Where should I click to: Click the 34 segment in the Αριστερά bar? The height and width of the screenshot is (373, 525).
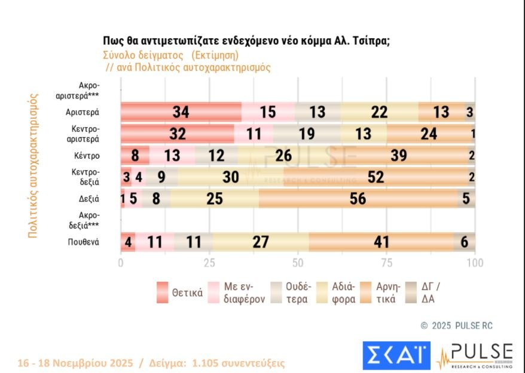181,112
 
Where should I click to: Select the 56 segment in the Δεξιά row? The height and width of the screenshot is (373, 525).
358,199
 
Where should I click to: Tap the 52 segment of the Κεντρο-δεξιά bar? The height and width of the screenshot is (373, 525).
376,177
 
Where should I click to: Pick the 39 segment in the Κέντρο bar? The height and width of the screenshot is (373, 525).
397,155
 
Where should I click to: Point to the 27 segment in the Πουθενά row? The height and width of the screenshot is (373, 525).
260,242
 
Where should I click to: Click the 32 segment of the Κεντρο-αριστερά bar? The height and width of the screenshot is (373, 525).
178,134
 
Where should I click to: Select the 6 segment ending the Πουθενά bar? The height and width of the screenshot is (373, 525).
465,242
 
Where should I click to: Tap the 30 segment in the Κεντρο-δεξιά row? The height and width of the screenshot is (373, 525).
230,177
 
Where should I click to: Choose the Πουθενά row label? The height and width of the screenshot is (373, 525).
83,242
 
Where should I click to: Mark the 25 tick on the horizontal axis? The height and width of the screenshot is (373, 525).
209,263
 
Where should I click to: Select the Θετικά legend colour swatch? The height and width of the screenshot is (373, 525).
161,292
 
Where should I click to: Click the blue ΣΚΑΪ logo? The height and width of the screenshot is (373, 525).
396,355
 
